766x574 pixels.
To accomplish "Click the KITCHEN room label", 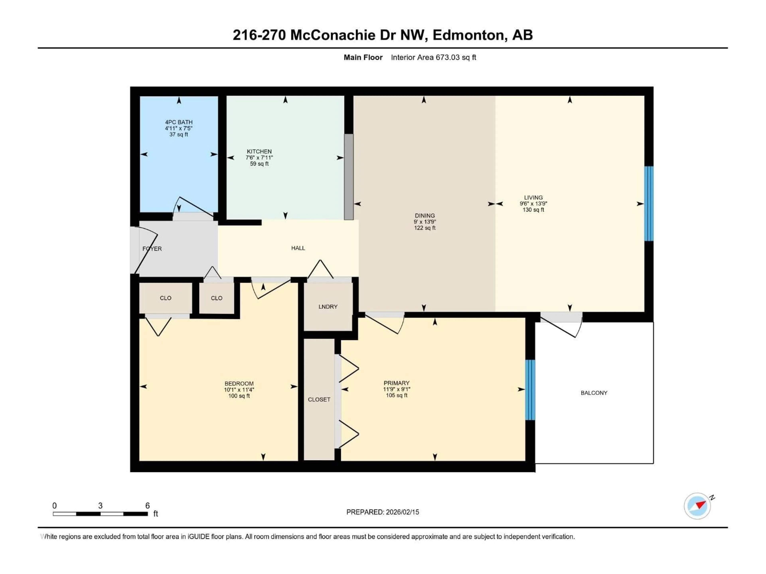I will point(259,151).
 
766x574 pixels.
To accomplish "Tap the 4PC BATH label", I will point(179,122).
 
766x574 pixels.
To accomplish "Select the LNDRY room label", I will point(328,307).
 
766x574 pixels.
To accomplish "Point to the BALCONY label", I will point(594,393).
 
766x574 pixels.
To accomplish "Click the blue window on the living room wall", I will point(649,203).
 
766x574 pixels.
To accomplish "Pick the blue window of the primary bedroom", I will point(530,390).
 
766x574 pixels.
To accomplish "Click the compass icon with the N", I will point(697,506).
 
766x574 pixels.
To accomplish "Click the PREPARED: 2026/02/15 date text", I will point(383,512).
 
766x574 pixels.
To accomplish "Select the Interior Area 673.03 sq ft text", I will point(433,57).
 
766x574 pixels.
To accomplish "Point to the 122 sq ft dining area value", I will point(424,228).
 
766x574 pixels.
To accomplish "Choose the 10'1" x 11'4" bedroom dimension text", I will point(239,390).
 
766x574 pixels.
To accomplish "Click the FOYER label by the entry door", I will point(152,249).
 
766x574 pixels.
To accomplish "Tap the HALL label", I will point(298,248).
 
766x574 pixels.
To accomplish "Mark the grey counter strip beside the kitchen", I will point(349,176).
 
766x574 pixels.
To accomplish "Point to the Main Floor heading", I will point(363,57).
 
